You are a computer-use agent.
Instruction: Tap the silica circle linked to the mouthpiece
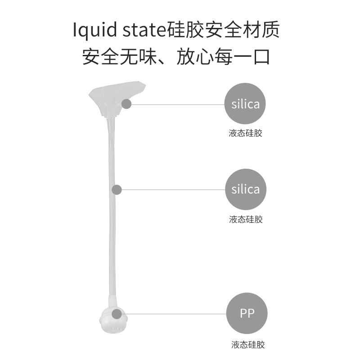pos(245,104)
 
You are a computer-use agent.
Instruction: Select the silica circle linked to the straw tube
pos(245,189)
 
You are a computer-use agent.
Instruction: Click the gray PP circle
pos(247,313)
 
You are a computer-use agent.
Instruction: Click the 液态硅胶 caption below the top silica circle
pos(245,134)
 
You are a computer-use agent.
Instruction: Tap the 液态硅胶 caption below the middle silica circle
pos(245,220)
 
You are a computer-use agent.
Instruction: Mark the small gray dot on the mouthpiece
pos(126,104)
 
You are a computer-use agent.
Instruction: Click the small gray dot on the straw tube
pos(117,189)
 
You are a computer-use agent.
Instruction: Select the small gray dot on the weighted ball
pos(117,314)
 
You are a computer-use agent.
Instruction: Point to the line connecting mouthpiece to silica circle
pos(178,104)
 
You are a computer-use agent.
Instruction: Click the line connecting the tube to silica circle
pos(173,189)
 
